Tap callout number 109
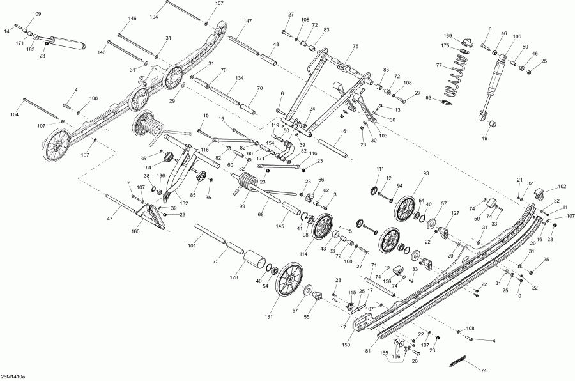37,14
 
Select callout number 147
247,21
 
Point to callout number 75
355,46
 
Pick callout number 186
517,36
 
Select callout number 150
346,345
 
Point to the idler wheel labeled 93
406,209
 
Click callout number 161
345,132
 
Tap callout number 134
239,78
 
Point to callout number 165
383,353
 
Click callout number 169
448,36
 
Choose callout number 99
242,206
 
